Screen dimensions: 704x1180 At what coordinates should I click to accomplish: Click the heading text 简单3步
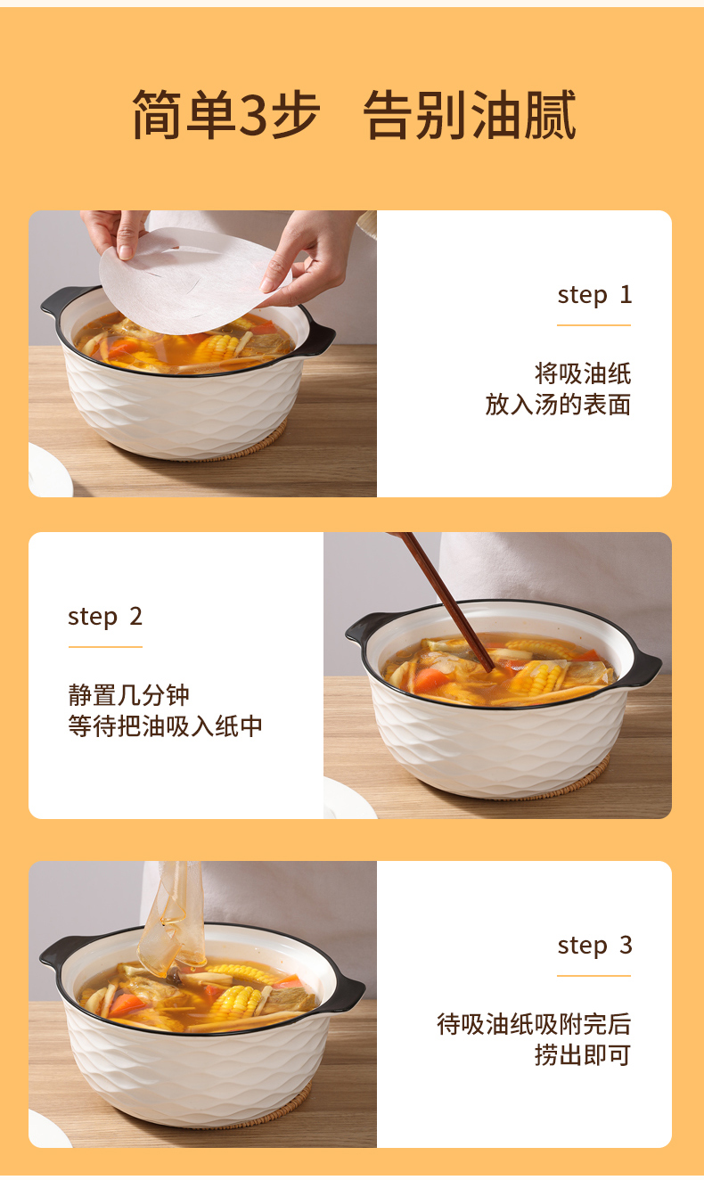[x=225, y=114]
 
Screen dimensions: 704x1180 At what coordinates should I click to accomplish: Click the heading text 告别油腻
[x=470, y=114]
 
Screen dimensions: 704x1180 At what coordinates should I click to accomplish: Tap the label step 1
[x=594, y=296]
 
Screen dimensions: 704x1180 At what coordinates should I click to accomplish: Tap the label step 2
[x=105, y=617]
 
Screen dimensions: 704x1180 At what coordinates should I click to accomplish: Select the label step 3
[x=594, y=946]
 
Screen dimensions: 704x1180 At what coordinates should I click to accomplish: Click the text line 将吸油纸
[x=583, y=373]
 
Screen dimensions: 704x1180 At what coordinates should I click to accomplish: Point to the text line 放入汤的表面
[x=558, y=405]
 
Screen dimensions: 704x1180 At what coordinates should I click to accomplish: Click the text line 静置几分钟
[x=128, y=695]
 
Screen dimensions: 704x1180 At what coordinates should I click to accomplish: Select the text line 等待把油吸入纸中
[x=165, y=725]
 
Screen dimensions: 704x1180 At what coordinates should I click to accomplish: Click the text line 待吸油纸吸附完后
[x=534, y=1024]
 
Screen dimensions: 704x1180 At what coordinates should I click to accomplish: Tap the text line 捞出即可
[x=583, y=1055]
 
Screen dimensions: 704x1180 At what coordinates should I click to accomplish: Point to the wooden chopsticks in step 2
[x=447, y=601]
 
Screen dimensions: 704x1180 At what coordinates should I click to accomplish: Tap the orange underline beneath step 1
[x=594, y=325]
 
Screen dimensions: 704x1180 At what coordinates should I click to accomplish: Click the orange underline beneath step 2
[x=105, y=646]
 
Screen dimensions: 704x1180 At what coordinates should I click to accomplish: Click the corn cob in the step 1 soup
[x=216, y=348]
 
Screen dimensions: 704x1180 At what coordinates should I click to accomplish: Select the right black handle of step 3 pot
[x=348, y=991]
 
